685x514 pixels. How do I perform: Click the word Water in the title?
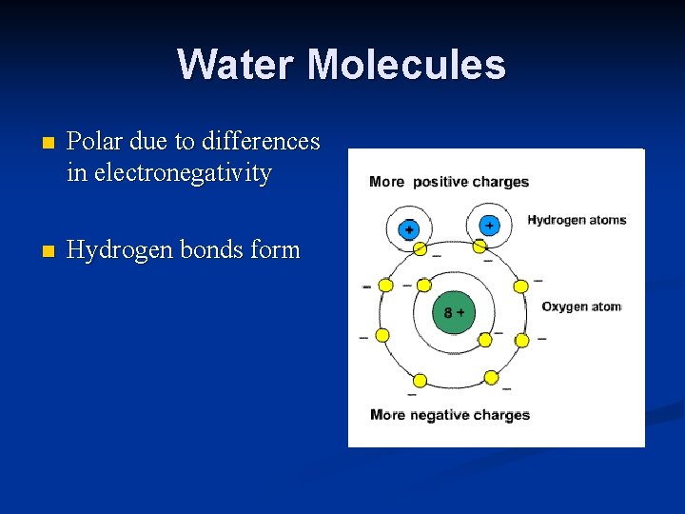coord(237,65)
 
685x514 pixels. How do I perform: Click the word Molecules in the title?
coord(407,65)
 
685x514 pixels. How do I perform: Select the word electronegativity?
coord(169,173)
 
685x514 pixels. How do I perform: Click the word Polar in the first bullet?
coord(95,141)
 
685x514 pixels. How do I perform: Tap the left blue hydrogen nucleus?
coord(408,229)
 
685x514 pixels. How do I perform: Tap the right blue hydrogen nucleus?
coord(489,226)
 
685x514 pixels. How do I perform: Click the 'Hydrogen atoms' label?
coord(577,220)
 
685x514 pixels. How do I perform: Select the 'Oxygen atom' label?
coord(581,306)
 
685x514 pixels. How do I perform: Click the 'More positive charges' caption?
coord(449,182)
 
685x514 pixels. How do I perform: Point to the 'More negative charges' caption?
coord(449,414)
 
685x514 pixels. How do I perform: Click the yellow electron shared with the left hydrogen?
coord(420,249)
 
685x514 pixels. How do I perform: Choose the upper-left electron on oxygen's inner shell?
coord(422,284)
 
